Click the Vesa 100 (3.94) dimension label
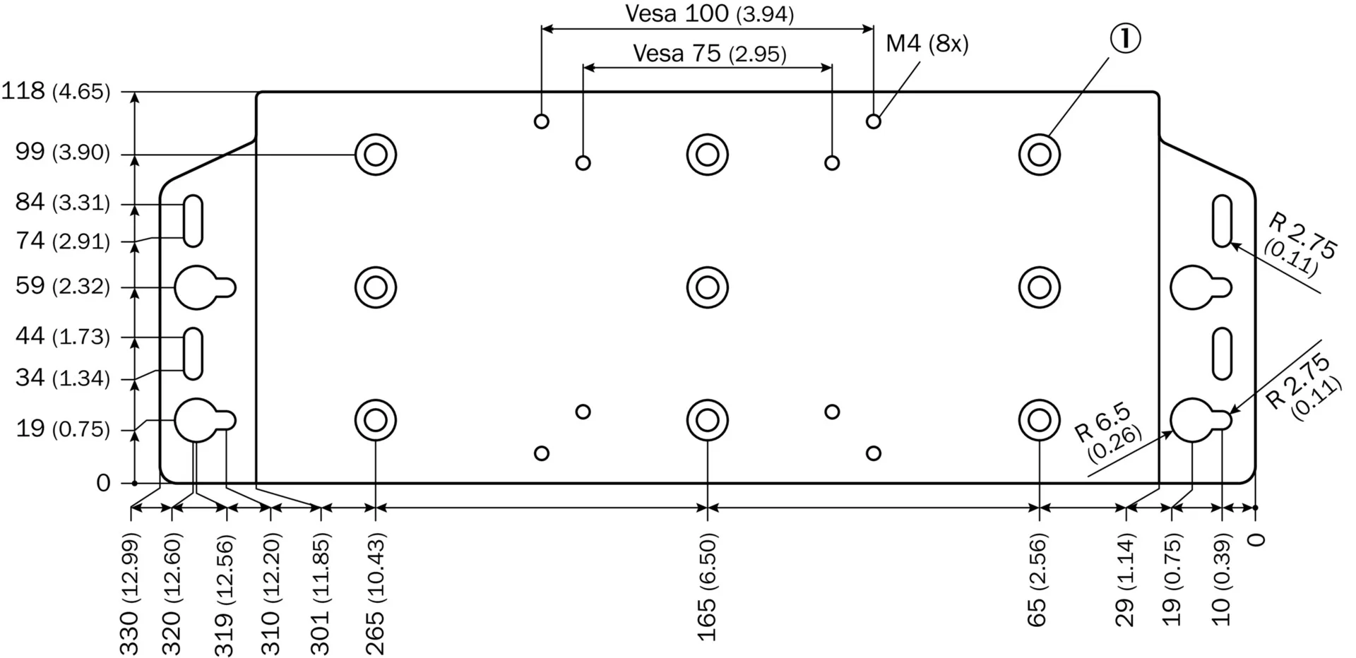coord(709,13)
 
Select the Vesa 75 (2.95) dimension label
coord(709,54)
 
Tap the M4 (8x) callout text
coord(927,44)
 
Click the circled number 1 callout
coord(1125,39)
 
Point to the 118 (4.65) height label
coord(56,91)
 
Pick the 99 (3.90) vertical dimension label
coord(63,152)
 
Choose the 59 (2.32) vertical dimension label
coord(63,286)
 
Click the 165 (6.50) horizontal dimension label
coord(707,587)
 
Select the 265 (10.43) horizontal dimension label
coord(375,594)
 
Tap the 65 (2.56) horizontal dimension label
coord(1036,580)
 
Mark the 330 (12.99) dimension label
coord(129,594)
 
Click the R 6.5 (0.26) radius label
coord(1107,432)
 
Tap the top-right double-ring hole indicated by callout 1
coord(1040,155)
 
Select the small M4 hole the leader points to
coord(874,121)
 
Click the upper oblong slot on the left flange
coord(194,222)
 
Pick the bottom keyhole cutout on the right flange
coord(1201,420)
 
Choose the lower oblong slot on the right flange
coord(1223,354)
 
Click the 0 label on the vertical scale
coord(104,483)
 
